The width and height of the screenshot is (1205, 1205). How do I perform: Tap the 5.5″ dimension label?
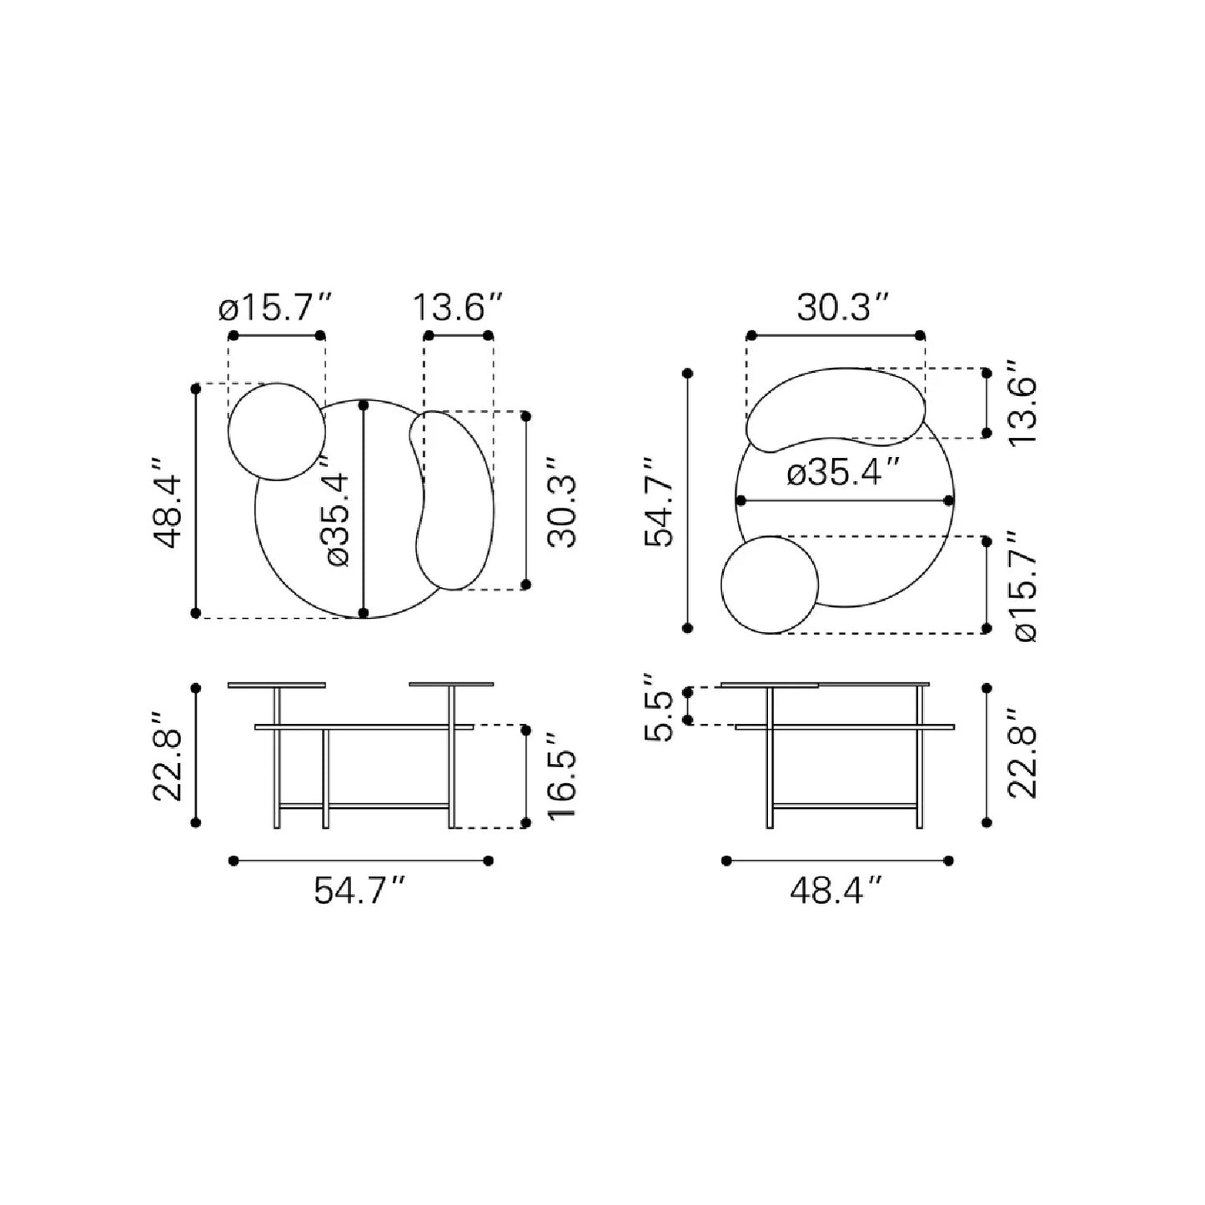(659, 708)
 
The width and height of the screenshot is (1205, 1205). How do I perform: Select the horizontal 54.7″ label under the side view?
(361, 891)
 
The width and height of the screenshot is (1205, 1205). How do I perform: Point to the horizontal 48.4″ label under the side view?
(836, 891)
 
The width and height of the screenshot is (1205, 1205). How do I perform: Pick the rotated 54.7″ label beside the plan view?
(659, 502)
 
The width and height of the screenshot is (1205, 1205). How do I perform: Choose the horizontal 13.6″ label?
(458, 308)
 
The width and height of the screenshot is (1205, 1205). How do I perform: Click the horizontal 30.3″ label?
(844, 308)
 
